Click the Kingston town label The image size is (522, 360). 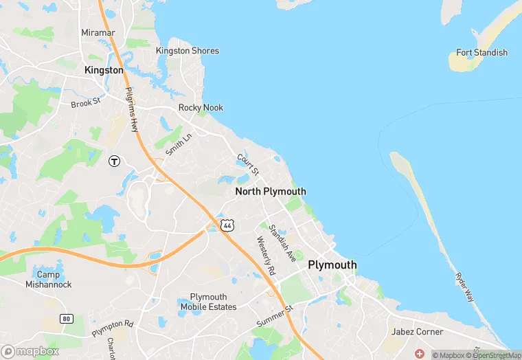pos(104,70)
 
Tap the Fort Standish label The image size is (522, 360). pos(481,53)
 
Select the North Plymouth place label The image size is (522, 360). pos(271,192)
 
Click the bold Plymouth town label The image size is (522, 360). pos(332,265)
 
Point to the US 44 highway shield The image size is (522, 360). pos(227,225)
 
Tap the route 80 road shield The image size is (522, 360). pos(66,319)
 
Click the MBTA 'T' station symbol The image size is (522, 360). pos(115,161)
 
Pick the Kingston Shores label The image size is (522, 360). pos(188,51)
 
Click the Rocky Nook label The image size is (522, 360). pos(201,108)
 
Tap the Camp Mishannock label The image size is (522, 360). pos(48,280)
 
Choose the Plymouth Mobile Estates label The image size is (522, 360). pos(213,302)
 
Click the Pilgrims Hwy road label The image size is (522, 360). pos(132,109)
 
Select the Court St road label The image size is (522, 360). pos(248,164)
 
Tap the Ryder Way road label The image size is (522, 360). pos(464,286)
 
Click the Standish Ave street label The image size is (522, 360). pos(282,243)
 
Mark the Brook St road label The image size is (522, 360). pos(86,104)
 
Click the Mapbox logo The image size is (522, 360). pos(30,351)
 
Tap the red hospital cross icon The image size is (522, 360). pos(420,353)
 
